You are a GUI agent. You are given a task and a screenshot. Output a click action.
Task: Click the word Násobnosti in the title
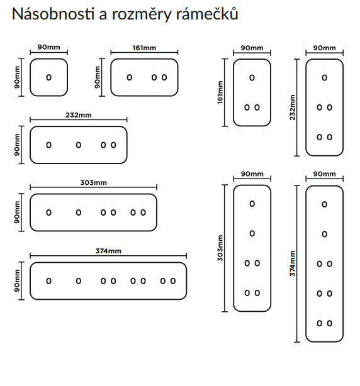tap(53, 14)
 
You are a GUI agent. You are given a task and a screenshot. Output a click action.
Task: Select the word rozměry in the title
tap(142, 14)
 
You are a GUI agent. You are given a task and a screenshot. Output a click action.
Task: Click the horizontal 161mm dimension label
tap(144, 48)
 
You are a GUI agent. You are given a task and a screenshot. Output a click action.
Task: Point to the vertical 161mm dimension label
tap(220, 92)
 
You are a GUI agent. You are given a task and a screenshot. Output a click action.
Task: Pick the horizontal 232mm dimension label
tap(79, 115)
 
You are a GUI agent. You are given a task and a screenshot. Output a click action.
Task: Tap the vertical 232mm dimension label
tap(293, 108)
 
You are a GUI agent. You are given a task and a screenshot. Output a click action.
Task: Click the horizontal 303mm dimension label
tap(93, 183)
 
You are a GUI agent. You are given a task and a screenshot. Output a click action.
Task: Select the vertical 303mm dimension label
tap(220, 248)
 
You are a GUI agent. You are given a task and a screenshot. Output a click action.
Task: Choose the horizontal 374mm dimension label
tap(108, 251)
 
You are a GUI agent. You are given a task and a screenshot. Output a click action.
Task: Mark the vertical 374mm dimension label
tap(293, 263)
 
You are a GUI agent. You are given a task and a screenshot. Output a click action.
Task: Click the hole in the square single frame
tap(49, 77)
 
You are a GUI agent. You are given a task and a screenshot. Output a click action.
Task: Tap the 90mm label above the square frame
tap(49, 47)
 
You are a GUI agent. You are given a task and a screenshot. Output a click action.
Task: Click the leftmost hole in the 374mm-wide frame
tap(49, 281)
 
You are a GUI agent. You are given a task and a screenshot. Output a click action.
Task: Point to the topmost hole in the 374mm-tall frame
tap(325, 204)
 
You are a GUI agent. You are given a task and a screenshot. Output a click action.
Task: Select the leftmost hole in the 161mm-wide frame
tap(130, 77)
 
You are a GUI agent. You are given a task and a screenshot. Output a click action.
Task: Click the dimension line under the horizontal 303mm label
tap(93, 187)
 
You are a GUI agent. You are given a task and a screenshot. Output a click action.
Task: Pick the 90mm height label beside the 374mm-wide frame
tap(17, 281)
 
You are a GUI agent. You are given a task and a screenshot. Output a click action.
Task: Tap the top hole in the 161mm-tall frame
tap(252, 78)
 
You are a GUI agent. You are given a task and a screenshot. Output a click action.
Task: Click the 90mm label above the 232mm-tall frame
tap(325, 48)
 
